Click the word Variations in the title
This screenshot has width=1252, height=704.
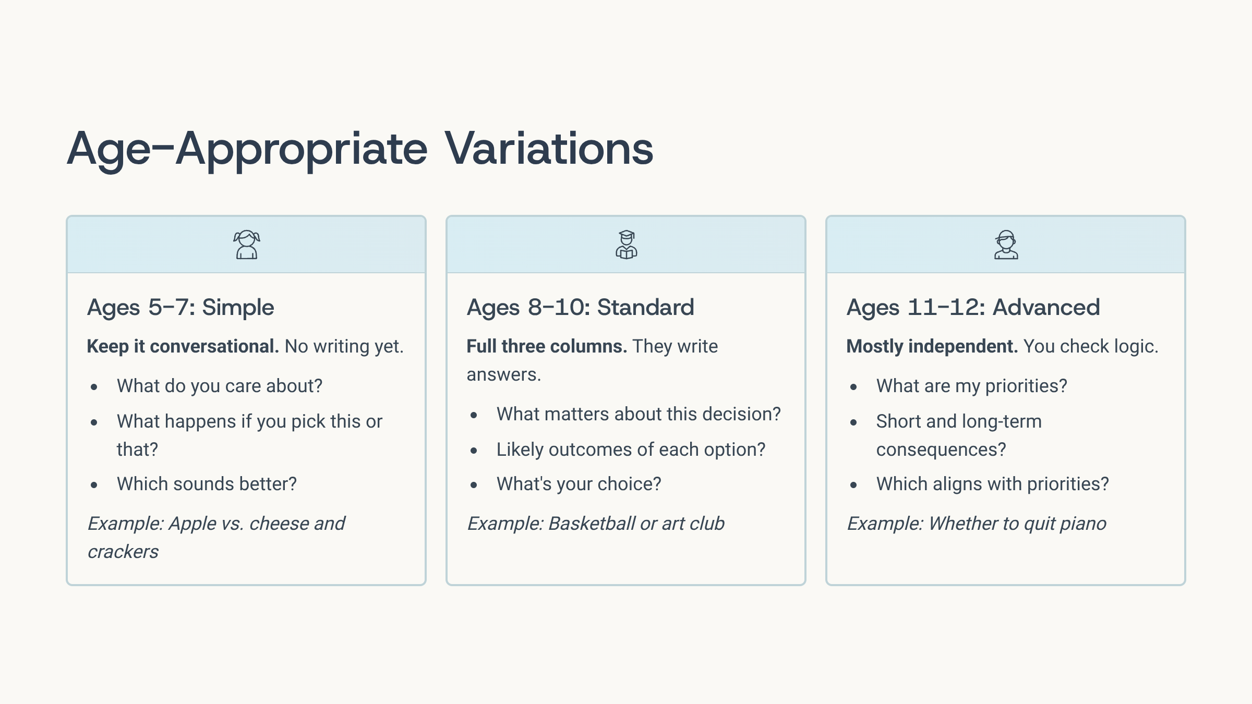(x=549, y=149)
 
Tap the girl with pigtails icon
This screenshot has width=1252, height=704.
(x=246, y=245)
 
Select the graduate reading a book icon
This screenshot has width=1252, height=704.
(x=626, y=245)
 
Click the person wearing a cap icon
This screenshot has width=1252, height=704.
(x=1006, y=245)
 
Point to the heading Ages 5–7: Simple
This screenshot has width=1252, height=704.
(x=180, y=307)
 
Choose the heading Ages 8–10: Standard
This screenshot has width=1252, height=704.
(x=580, y=307)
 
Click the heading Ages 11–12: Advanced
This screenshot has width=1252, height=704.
(x=973, y=307)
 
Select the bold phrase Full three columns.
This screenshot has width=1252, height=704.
(x=546, y=346)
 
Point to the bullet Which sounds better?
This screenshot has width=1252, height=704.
(x=207, y=484)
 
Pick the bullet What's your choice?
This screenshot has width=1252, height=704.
(x=579, y=484)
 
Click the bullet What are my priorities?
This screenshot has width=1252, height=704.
(x=971, y=386)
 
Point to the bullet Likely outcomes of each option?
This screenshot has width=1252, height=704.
(x=631, y=450)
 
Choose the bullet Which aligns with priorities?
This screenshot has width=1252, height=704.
(x=992, y=484)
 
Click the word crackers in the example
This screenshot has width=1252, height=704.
(x=123, y=552)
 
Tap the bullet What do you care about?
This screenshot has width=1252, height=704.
(x=220, y=386)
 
